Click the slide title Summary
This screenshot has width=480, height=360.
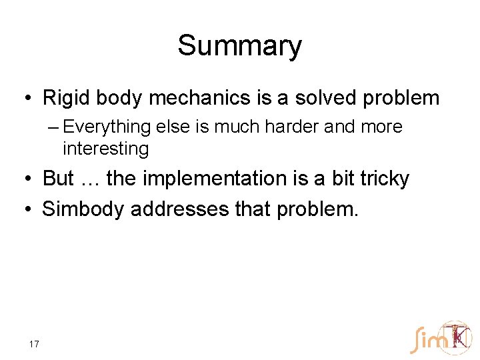239,46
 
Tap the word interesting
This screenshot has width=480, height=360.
105,148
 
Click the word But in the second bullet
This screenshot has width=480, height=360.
58,179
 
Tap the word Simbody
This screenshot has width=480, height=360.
83,209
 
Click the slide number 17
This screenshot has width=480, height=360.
34,344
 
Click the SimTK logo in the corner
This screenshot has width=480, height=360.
441,338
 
